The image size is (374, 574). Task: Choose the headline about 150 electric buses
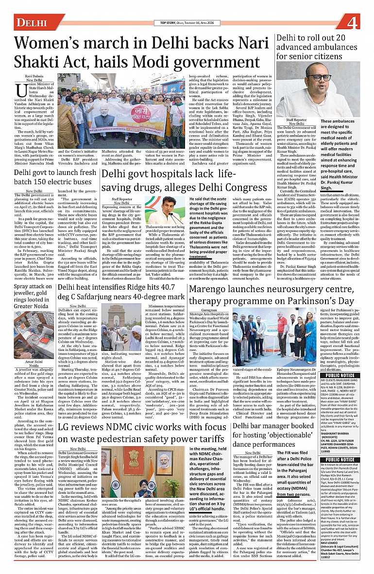(x=55, y=177)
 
